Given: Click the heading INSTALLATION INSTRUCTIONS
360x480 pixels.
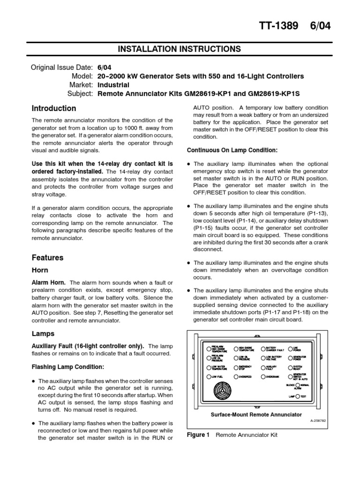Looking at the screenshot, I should [x=180, y=49].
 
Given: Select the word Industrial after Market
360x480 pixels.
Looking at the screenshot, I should [x=113, y=85].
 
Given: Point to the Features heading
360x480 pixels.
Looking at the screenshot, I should [x=47, y=257].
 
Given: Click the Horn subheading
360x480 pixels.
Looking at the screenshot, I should [x=40, y=270].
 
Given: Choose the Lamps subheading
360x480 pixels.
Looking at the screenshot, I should [x=43, y=334].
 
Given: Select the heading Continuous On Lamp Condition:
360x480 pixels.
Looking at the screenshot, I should [x=232, y=150].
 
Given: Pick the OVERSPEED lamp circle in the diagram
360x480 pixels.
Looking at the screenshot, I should [x=236, y=376].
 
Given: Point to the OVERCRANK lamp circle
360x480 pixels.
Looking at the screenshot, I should [x=263, y=376].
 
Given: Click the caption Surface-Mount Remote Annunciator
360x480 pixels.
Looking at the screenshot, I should [x=256, y=415].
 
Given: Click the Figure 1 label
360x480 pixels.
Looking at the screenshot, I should [x=198, y=435].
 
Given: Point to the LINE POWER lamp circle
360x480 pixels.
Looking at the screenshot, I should [x=290, y=349].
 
